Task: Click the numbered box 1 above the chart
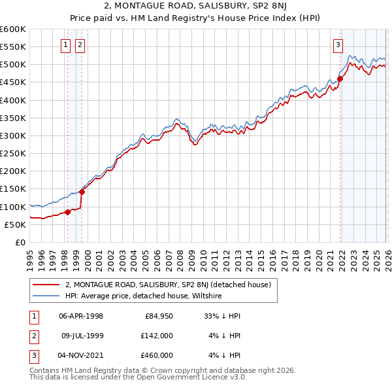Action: [x=67, y=45]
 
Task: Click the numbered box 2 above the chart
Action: [x=80, y=45]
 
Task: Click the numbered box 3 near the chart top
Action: [x=338, y=45]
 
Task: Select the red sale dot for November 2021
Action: [x=340, y=79]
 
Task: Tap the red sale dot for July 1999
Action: [x=82, y=192]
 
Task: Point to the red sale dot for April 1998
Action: [x=67, y=212]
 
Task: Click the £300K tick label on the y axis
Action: [x=12, y=135]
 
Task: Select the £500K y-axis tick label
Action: [x=12, y=65]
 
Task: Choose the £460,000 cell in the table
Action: [x=156, y=355]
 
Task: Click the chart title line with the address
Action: [x=196, y=7]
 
